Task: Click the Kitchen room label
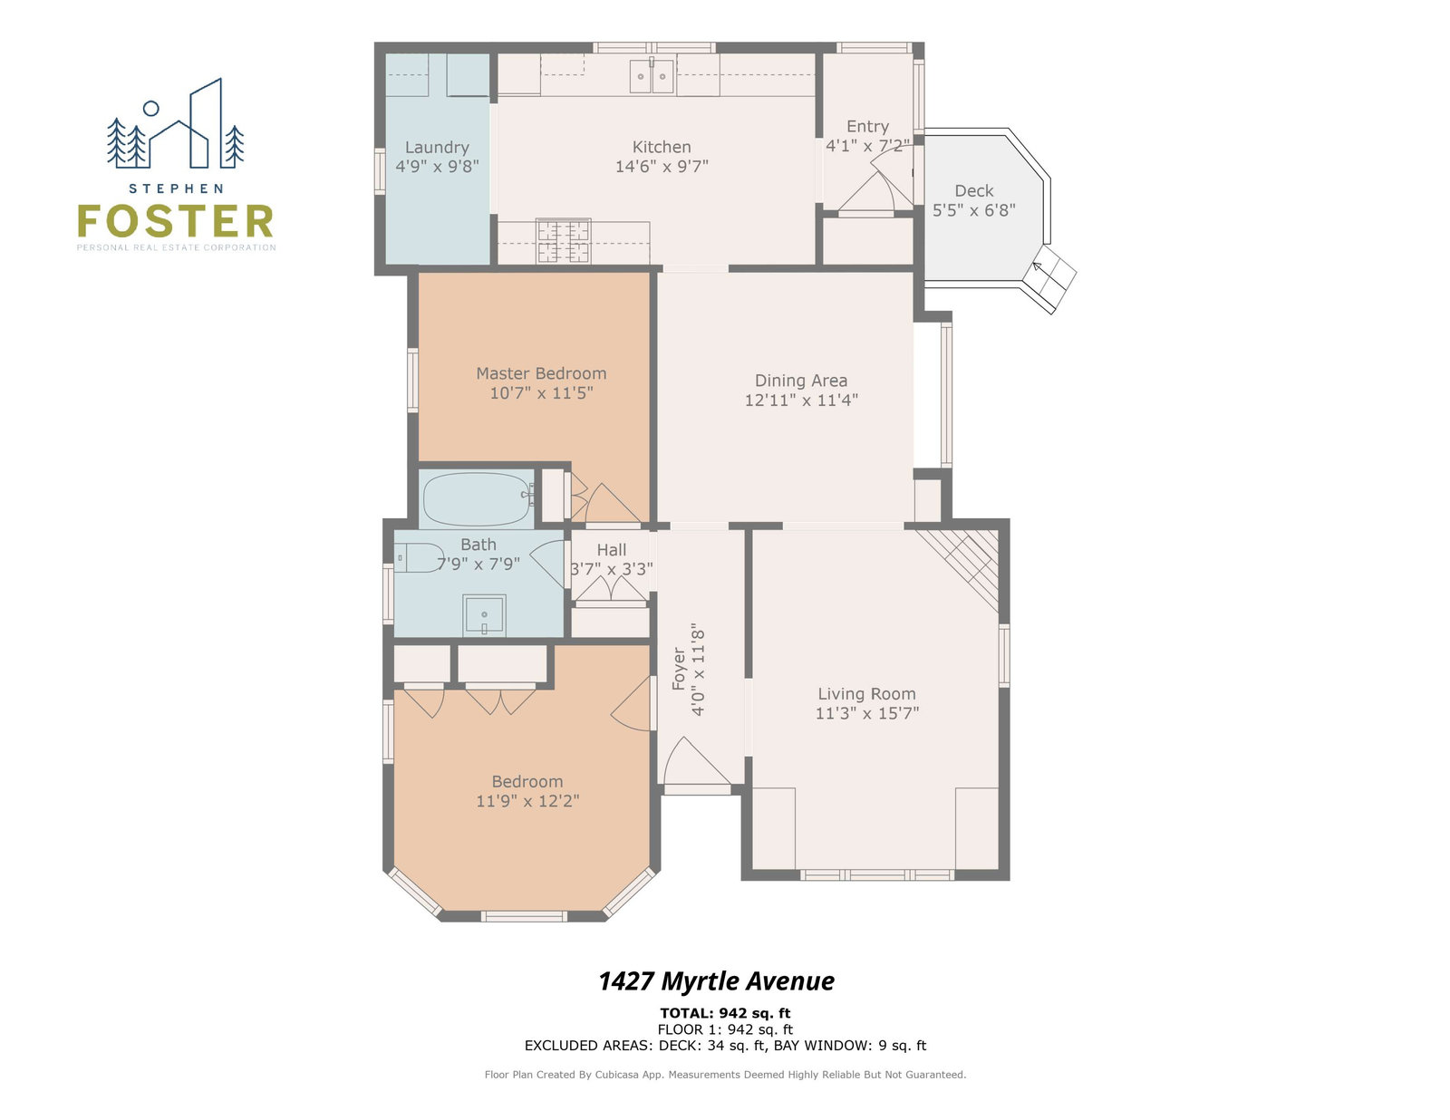coord(662,147)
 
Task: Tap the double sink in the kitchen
coord(652,76)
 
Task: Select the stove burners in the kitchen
coord(563,241)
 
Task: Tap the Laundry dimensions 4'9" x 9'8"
coord(437,166)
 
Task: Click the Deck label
coord(973,191)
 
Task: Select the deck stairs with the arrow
coord(1049,280)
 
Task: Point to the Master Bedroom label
coord(541,373)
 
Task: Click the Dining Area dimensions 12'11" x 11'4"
coord(801,401)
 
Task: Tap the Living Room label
coord(866,694)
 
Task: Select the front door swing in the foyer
coord(694,761)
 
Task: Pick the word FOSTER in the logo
coord(176,221)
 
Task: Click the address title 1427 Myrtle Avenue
coord(716,981)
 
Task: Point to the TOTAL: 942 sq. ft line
coord(725,1013)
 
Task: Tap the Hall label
coord(611,550)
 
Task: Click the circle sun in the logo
coord(151,108)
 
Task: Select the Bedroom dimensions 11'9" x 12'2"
coord(527,800)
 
